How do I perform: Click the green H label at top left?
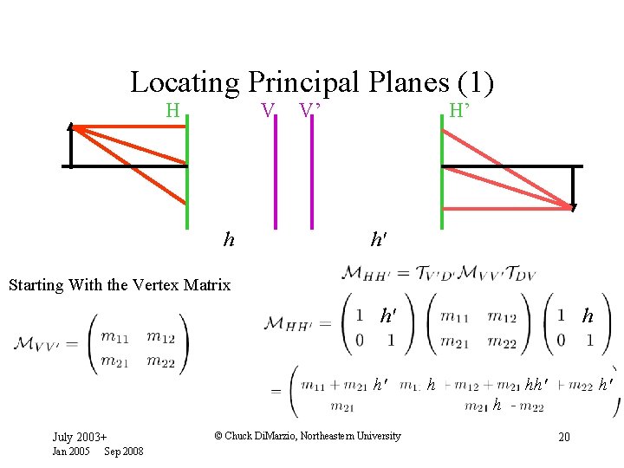[x=172, y=110]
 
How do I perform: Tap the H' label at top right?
[x=459, y=110]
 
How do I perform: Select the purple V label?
[x=269, y=110]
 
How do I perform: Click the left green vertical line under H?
[x=186, y=173]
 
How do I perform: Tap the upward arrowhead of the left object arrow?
[x=72, y=129]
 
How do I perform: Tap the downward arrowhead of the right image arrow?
[x=573, y=206]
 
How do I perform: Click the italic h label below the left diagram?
[x=229, y=239]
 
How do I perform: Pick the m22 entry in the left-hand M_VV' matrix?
[x=160, y=361]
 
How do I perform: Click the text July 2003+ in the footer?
[x=80, y=437]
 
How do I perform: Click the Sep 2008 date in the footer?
[x=124, y=451]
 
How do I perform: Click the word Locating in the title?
[x=184, y=83]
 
